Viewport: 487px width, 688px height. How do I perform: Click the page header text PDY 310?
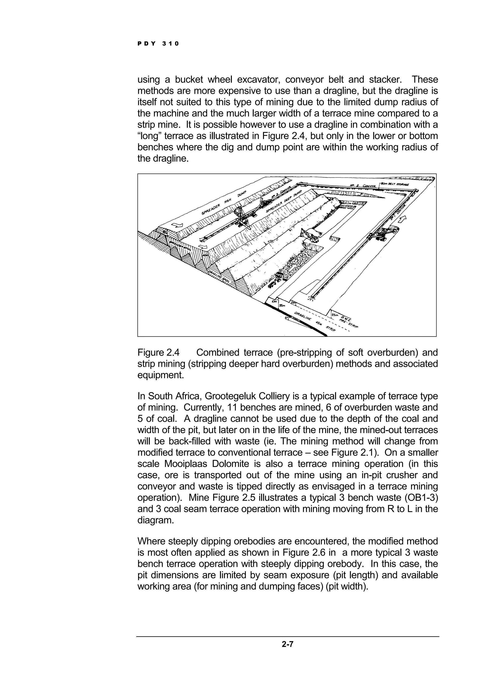click(x=158, y=44)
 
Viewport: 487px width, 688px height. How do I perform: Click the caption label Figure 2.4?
click(x=158, y=353)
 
